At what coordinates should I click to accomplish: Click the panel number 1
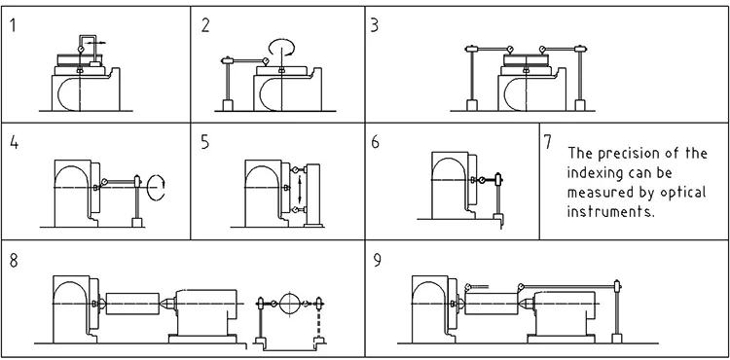pyautogui.click(x=13, y=25)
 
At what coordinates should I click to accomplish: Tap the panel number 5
pyautogui.click(x=205, y=142)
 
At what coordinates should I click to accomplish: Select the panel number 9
pyautogui.click(x=377, y=261)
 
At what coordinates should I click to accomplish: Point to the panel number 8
pyautogui.click(x=14, y=261)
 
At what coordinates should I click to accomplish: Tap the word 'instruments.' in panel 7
pyautogui.click(x=611, y=212)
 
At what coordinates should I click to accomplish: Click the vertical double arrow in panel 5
pyautogui.click(x=300, y=189)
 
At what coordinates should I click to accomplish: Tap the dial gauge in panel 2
pyautogui.click(x=266, y=61)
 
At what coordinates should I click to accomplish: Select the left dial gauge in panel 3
pyautogui.click(x=510, y=50)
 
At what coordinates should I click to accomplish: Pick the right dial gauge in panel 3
pyautogui.click(x=542, y=50)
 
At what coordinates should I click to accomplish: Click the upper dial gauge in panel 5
pyautogui.click(x=295, y=169)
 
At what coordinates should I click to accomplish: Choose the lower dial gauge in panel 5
pyautogui.click(x=295, y=210)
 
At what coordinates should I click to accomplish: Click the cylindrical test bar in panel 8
pyautogui.click(x=132, y=304)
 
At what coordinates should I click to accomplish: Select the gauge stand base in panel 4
pyautogui.click(x=137, y=223)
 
